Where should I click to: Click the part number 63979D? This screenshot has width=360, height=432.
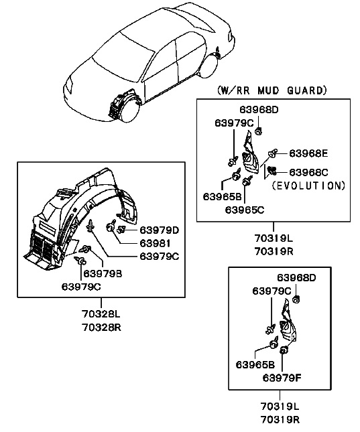coord(159,230)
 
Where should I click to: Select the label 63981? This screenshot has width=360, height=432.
coord(155,243)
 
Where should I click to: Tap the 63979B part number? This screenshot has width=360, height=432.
coord(103,273)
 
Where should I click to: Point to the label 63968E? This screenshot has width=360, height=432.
coord(308,153)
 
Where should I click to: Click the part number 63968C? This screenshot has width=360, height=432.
coord(308,173)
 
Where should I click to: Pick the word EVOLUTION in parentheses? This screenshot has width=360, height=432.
coord(308,186)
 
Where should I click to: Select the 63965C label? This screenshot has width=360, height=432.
coord(245,210)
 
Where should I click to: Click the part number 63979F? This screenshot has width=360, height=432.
coord(282,378)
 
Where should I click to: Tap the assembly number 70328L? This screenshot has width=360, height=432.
coord(101,314)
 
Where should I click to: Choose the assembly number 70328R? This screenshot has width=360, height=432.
coord(101,328)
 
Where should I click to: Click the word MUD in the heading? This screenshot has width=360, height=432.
coord(268,90)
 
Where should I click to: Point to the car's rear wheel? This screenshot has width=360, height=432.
coord(209,66)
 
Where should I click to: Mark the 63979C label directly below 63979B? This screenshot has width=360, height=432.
coord(81,287)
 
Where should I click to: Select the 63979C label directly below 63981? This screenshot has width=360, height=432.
coord(160,257)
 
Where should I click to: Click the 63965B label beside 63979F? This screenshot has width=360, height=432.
coord(255,364)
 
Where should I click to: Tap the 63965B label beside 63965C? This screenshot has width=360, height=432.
coord(222,197)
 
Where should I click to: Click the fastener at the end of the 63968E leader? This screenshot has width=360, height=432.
coord(273,153)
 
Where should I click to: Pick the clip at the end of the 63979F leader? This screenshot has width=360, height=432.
coord(284,350)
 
